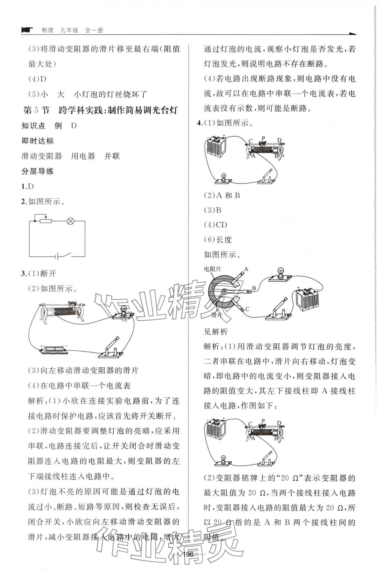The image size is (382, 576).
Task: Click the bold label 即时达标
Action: click(38, 141)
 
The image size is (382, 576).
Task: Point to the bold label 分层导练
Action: click(38, 171)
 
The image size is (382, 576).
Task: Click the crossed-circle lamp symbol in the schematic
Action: click(70, 221)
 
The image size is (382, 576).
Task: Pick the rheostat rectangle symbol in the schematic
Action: click(45, 221)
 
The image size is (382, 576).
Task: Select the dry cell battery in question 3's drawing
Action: click(53, 349)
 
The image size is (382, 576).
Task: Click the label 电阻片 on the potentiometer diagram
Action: click(212, 269)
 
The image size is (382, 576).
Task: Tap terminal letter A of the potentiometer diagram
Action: click(246, 269)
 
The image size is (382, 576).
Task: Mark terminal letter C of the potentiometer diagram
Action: click(247, 309)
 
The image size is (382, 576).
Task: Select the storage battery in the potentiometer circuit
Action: click(308, 300)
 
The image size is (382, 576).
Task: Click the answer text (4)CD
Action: click(216, 225)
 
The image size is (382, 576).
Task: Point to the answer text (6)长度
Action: click(218, 240)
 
